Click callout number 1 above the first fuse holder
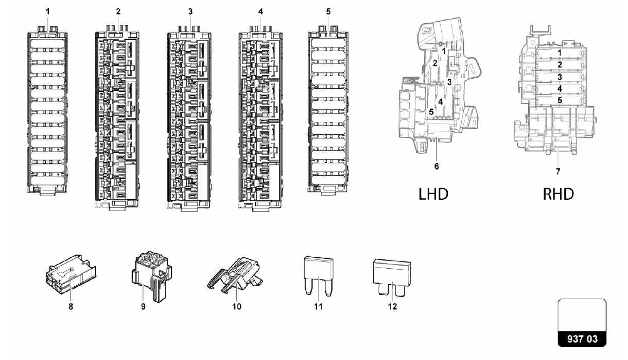click(48, 12)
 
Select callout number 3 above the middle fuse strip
click(190, 12)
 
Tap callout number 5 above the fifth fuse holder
click(328, 12)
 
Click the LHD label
click(433, 194)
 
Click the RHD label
click(558, 194)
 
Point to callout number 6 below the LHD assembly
click(437, 167)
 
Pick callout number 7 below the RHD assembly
click(558, 171)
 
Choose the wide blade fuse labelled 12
click(392, 276)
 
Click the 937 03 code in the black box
click(582, 339)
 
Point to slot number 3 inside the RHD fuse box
click(560, 77)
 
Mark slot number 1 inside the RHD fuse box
click(560, 53)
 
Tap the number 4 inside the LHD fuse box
click(440, 101)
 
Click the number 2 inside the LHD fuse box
click(435, 63)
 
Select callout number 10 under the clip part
click(236, 306)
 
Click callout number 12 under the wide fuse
click(392, 306)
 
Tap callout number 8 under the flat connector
click(71, 306)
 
